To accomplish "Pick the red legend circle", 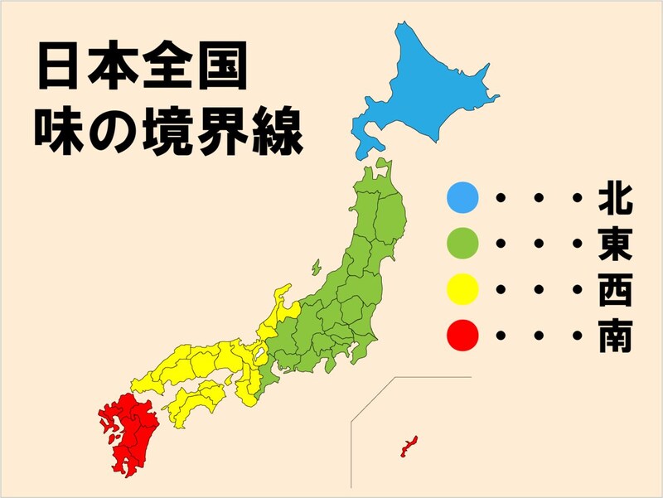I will pyautogui.click(x=462, y=336).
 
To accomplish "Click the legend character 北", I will pyautogui.click(x=615, y=200).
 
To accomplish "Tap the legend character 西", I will pyautogui.click(x=615, y=292).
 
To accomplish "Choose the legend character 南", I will pyautogui.click(x=615, y=336).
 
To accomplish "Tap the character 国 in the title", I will pyautogui.click(x=220, y=68).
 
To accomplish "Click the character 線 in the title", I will pyautogui.click(x=274, y=130).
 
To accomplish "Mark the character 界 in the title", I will pyautogui.click(x=220, y=130).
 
